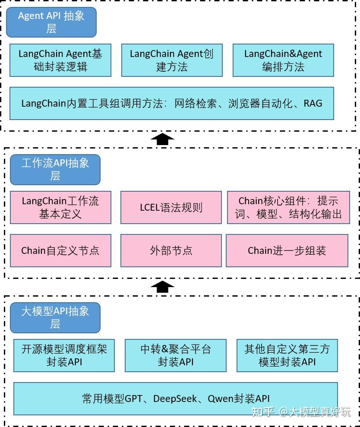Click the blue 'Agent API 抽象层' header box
pyautogui.click(x=51, y=22)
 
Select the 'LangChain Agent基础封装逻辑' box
pyautogui.click(x=60, y=60)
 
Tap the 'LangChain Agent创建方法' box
pyautogui.click(x=172, y=60)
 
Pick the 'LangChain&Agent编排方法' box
pyautogui.click(x=283, y=60)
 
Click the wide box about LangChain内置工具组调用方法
pyautogui.click(x=172, y=104)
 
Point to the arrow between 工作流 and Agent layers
pyautogui.click(x=162, y=139)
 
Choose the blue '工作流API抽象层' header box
pyautogui.click(x=55, y=169)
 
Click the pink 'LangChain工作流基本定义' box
pyautogui.click(x=60, y=207)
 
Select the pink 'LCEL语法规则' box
pyautogui.click(x=171, y=207)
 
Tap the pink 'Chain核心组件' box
pyautogui.click(x=288, y=207)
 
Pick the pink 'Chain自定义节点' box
pyautogui.click(x=60, y=250)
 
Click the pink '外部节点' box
pyautogui.click(x=171, y=250)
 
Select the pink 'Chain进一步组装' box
pyautogui.click(x=287, y=250)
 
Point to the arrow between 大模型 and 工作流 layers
pyautogui.click(x=162, y=287)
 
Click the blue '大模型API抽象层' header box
pyautogui.click(x=55, y=317)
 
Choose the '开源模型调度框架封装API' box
pyautogui.click(x=64, y=355)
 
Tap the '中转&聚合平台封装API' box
pyautogui.click(x=175, y=355)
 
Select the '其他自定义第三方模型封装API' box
pyautogui.click(x=287, y=355)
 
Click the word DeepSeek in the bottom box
pyautogui.click(x=175, y=399)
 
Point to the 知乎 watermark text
pyautogui.click(x=263, y=411)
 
